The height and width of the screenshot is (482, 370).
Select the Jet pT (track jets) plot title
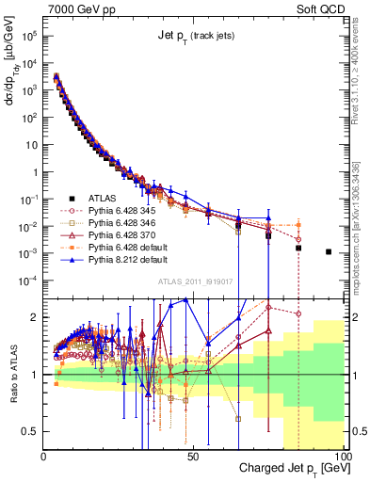195,36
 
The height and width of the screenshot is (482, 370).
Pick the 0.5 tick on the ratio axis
32,431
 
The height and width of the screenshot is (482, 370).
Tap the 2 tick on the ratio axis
36,317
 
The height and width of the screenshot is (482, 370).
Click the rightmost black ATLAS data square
329,251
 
